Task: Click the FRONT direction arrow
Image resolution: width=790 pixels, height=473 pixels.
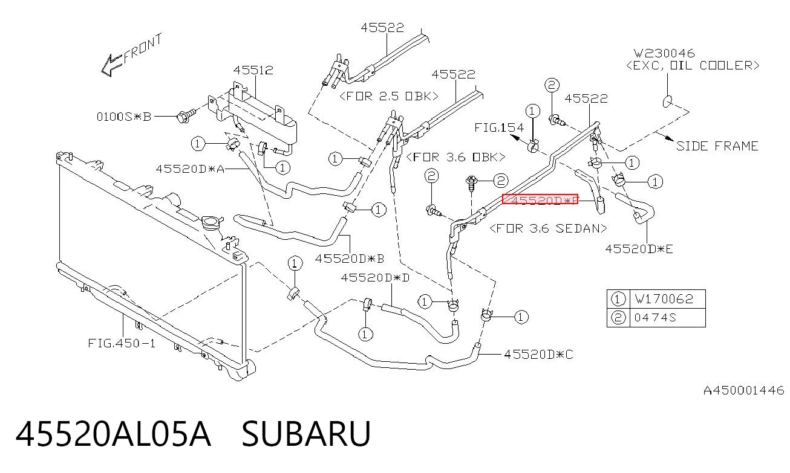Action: (x=112, y=65)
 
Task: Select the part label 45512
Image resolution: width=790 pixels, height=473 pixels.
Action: (x=253, y=70)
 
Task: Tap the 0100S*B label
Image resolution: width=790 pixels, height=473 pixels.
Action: (x=124, y=117)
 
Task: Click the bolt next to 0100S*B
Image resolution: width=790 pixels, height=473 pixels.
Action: (x=186, y=115)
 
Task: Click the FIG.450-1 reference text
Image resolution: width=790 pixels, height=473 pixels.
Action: (x=122, y=343)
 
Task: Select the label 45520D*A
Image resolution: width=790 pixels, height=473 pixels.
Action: (x=190, y=169)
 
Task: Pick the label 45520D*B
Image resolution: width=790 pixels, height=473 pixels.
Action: (x=349, y=259)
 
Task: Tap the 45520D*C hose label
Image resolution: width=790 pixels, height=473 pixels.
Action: (x=538, y=355)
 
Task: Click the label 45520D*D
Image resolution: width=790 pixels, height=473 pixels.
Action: (x=375, y=278)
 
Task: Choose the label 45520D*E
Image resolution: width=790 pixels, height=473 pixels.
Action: (x=639, y=249)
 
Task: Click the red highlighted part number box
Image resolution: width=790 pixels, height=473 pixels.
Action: (x=540, y=199)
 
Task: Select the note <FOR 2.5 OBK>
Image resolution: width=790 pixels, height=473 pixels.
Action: (x=389, y=96)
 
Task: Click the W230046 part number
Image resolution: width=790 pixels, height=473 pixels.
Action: (x=664, y=53)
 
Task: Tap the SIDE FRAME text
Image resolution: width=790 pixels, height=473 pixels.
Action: (x=717, y=146)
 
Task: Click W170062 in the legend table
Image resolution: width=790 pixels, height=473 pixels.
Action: (x=664, y=299)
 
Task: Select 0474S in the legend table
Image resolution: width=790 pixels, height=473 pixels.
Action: (x=655, y=318)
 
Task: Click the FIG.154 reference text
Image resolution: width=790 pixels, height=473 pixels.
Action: (x=499, y=127)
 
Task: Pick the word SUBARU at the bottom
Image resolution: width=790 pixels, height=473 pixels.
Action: (x=306, y=434)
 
